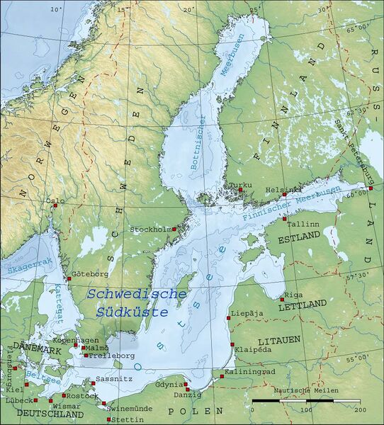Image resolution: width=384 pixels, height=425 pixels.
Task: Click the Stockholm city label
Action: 151,229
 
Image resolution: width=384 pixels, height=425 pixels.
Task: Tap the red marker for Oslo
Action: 55,206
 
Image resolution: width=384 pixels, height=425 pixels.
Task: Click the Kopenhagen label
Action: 74,340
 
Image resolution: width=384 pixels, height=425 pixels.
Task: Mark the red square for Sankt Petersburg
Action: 370,188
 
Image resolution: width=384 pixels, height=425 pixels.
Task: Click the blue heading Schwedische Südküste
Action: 135,302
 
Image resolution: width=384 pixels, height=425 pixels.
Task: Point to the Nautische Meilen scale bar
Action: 306,401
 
